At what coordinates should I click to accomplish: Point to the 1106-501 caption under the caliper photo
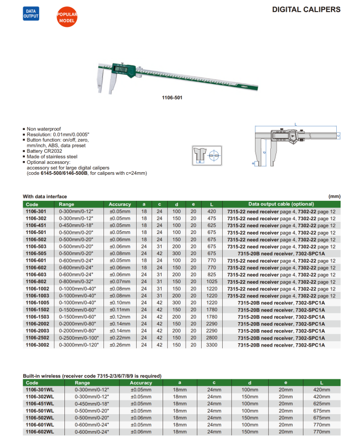pyautogui.click(x=172, y=97)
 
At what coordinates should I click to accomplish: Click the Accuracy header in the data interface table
pyautogui.click(x=120, y=204)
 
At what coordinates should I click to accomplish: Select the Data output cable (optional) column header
pyautogui.click(x=281, y=204)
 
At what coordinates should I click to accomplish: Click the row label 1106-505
pyautogui.click(x=36, y=254)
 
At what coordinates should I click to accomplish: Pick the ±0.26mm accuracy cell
pyautogui.click(x=120, y=345)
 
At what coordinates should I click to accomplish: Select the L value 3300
pyautogui.click(x=212, y=345)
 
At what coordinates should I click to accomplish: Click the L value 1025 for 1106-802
pyautogui.click(x=212, y=282)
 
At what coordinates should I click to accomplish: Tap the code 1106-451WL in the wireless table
pyautogui.click(x=40, y=404)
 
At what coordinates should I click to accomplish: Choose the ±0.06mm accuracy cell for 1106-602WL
pyautogui.click(x=141, y=432)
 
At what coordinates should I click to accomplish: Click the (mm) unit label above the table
pyautogui.click(x=335, y=196)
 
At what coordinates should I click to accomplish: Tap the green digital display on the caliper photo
pyautogui.click(x=121, y=70)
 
